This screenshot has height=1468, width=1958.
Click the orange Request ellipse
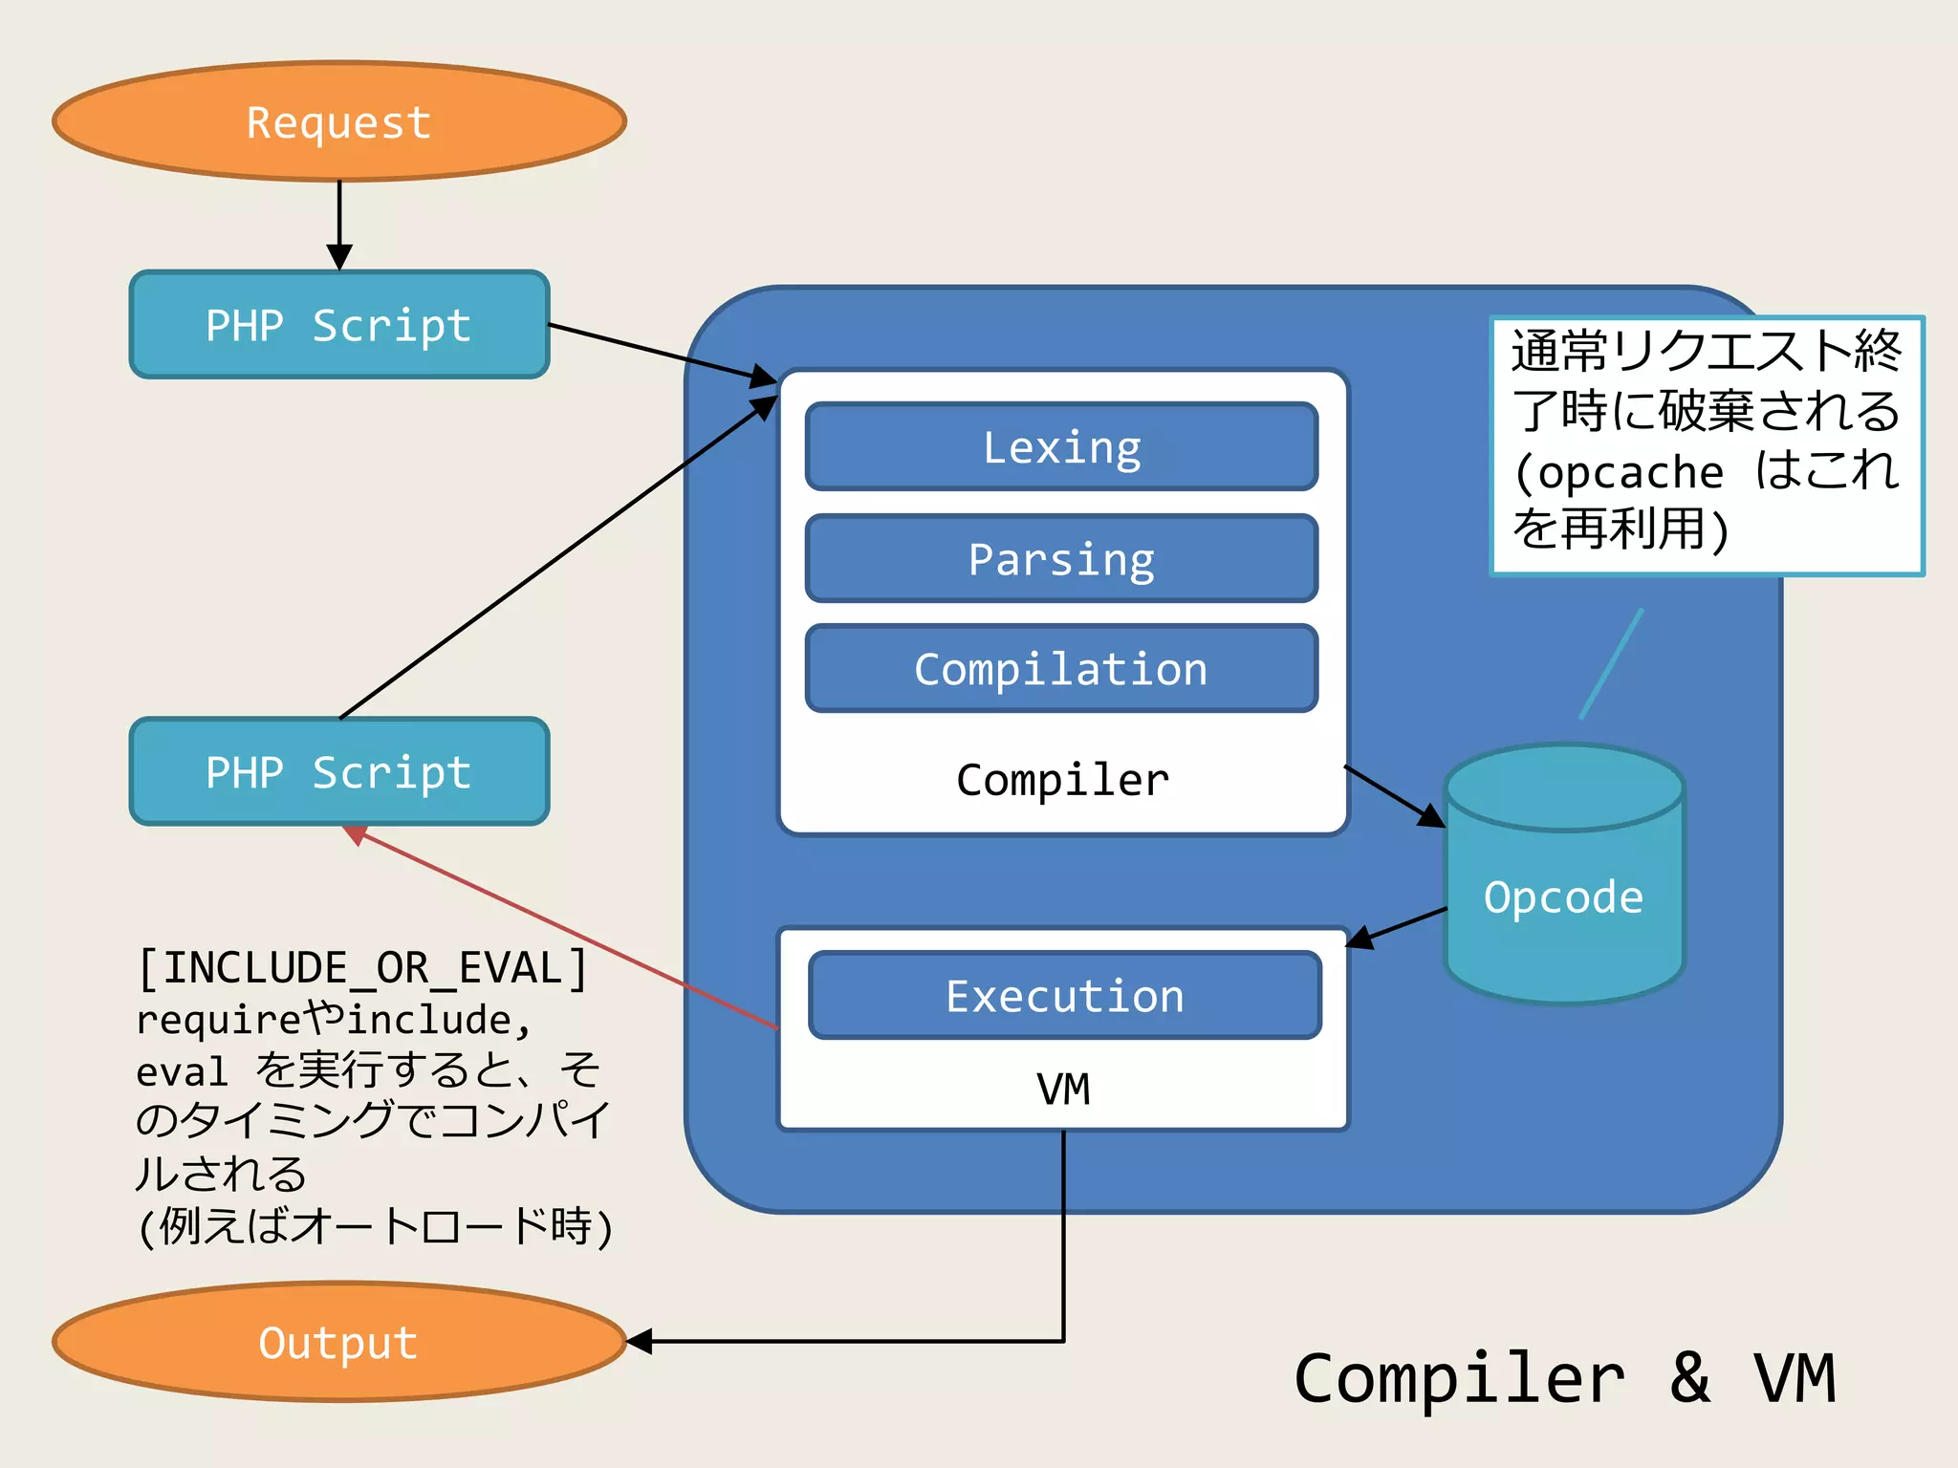point(339,121)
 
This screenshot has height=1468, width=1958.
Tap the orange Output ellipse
point(339,1342)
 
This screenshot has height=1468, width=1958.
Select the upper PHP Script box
point(339,325)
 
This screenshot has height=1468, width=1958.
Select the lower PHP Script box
point(339,771)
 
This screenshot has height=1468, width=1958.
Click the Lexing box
point(1061,447)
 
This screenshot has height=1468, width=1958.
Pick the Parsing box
point(1061,559)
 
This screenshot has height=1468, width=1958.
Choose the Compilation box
point(1061,669)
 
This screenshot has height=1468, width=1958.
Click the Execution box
point(1064,996)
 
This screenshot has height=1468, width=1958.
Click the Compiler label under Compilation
point(1062,780)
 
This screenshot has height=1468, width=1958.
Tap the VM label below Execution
point(1063,1089)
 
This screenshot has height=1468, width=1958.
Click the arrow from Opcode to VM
point(1398,927)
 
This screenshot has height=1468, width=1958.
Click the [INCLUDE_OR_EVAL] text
point(363,967)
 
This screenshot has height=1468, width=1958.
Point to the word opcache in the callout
point(1630,472)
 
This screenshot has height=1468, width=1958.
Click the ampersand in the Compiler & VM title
point(1689,1377)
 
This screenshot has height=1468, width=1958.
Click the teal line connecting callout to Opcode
point(1611,664)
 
